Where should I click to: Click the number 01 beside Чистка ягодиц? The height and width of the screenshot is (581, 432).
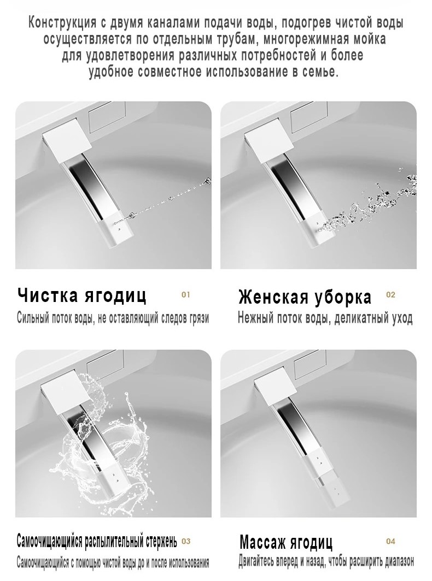click(185, 295)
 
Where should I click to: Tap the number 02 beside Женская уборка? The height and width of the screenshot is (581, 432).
click(391, 295)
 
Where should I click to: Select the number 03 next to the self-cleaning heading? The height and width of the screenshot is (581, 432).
click(186, 541)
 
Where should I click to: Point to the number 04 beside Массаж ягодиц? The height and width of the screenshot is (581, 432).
click(391, 541)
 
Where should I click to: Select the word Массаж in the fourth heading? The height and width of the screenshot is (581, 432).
click(263, 542)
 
